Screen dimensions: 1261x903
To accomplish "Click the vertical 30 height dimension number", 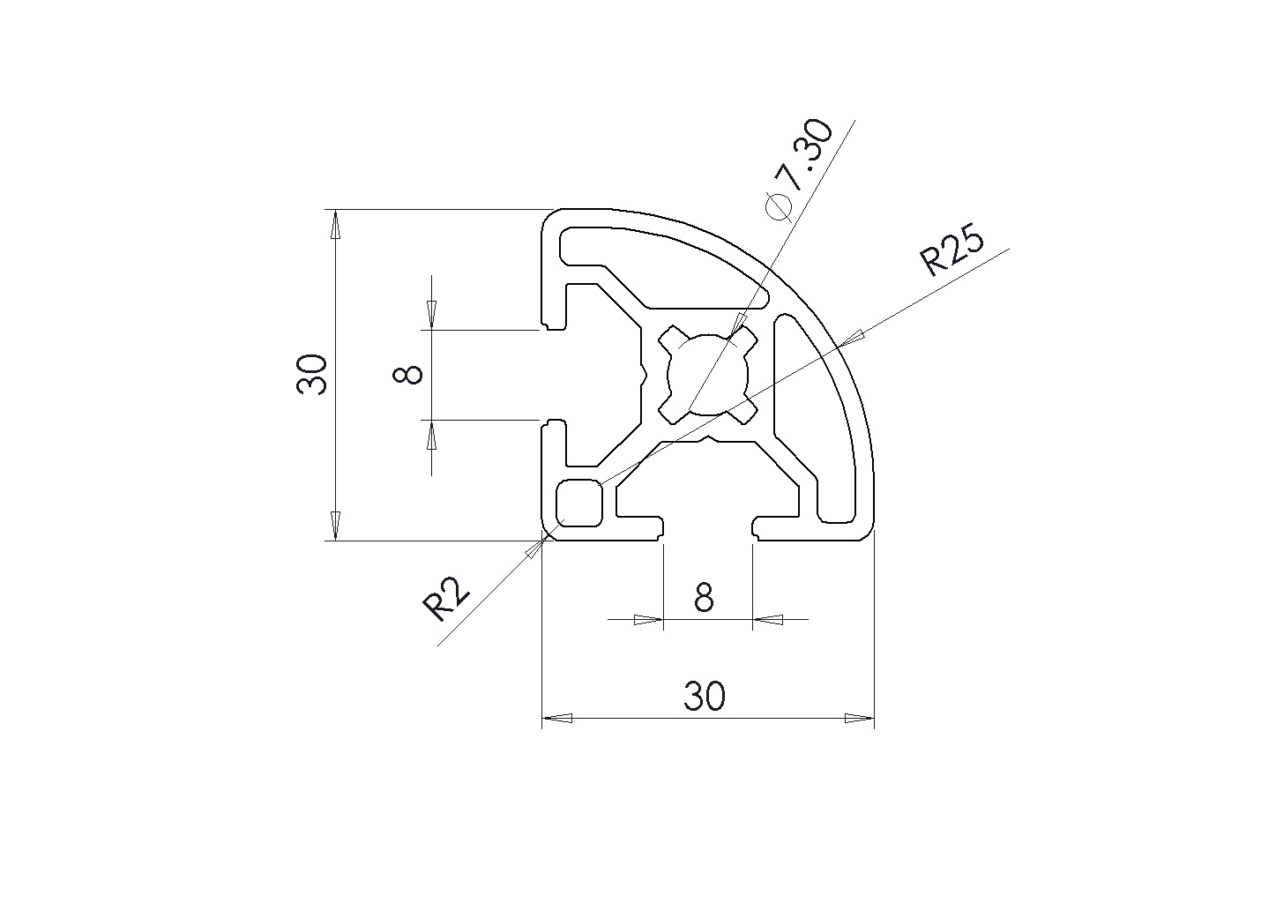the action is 311,375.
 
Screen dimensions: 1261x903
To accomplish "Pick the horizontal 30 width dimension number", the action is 705,696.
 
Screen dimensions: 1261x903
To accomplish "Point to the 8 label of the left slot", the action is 407,375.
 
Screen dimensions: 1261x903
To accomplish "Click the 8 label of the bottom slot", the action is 704,597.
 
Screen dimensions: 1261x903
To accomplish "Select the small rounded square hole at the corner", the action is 579,504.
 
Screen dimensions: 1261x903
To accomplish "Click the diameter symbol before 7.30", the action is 780,206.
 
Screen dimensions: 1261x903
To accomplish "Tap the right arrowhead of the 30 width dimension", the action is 860,719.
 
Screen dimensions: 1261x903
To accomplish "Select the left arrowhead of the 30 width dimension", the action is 556,719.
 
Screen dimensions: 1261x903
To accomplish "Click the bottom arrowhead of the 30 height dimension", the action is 335,526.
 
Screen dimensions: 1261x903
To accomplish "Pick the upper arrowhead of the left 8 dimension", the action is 431,316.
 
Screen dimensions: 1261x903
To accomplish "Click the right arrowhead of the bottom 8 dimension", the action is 768,620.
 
